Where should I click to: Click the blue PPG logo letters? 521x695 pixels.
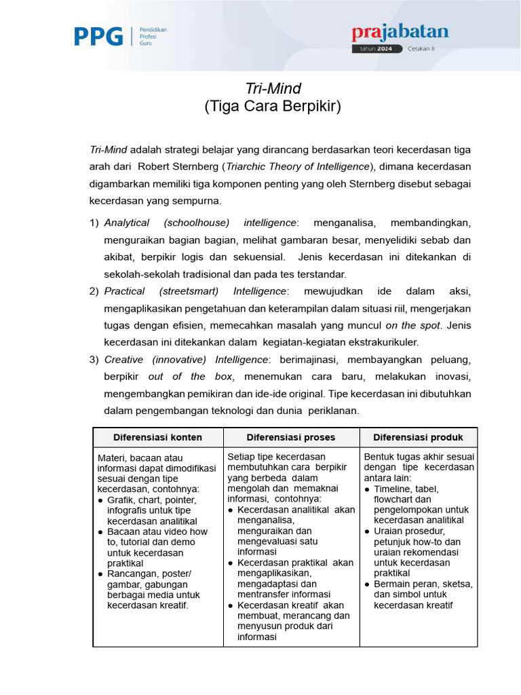coord(98,36)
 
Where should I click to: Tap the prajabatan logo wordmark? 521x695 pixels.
coord(400,33)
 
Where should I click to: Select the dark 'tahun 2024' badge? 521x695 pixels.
coord(377,49)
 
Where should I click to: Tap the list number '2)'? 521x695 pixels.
coord(94,291)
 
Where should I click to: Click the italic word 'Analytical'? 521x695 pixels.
coord(127,223)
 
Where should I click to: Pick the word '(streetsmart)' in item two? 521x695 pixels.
coord(189,291)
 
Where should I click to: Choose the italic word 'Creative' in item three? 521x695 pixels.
coord(123,359)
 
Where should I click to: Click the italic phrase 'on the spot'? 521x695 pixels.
coord(412,325)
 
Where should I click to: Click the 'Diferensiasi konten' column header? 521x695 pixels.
coord(157,437)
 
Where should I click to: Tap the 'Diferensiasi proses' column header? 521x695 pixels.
coord(291,437)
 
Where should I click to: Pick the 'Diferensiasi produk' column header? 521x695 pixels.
coord(418,437)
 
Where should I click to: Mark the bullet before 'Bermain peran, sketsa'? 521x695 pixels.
coord(367,584)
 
